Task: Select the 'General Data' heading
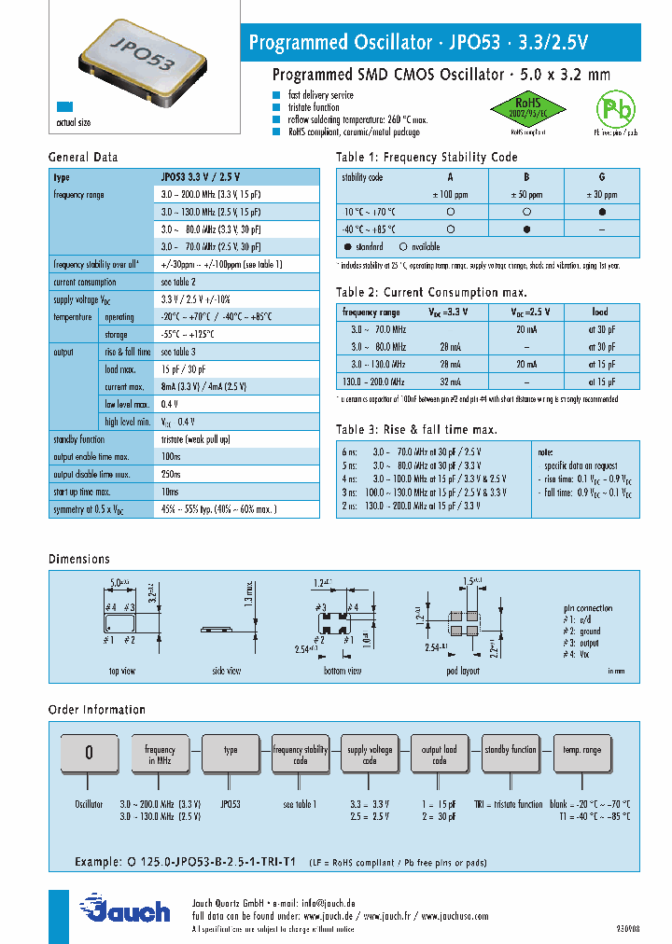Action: pyautogui.click(x=83, y=158)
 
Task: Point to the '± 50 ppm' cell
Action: pyautogui.click(x=526, y=194)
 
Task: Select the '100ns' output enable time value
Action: pyautogui.click(x=171, y=457)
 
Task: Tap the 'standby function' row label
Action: pyautogui.click(x=80, y=439)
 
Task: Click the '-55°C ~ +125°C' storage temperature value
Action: pyautogui.click(x=188, y=334)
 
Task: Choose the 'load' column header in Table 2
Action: pyautogui.click(x=600, y=312)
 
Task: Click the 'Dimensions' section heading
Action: pyautogui.click(x=79, y=559)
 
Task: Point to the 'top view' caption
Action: pyautogui.click(x=121, y=671)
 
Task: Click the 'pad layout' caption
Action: pyautogui.click(x=463, y=671)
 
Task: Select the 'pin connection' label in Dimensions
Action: pyautogui.click(x=588, y=608)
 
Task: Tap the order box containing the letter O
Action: pyautogui.click(x=89, y=754)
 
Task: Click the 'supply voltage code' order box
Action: pyautogui.click(x=370, y=754)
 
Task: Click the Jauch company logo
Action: pyautogui.click(x=126, y=909)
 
